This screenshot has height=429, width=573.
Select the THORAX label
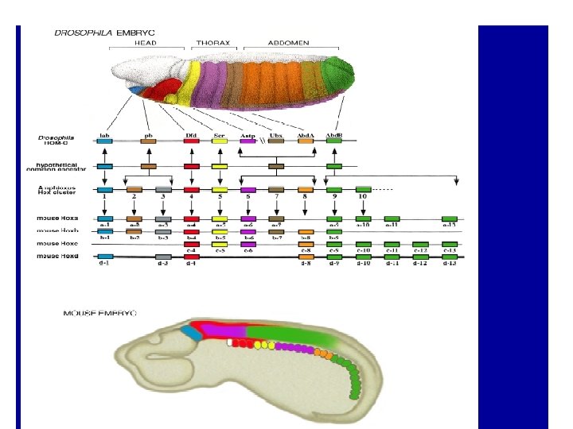click(x=212, y=42)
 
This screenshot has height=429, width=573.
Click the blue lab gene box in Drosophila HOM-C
click(x=104, y=141)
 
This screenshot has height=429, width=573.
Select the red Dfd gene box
click(x=191, y=141)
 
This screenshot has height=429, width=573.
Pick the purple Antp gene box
click(x=248, y=141)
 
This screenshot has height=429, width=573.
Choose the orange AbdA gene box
click(x=306, y=141)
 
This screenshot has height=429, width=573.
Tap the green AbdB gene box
click(x=334, y=141)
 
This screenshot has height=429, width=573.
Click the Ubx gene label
click(x=276, y=134)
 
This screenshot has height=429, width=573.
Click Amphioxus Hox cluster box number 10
click(x=363, y=190)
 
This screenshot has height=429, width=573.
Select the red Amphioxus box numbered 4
click(x=191, y=190)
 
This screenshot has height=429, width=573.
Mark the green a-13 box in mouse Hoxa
click(x=450, y=218)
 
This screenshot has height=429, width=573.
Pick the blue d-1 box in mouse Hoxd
click(x=104, y=257)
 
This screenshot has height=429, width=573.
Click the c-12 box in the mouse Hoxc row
click(x=421, y=244)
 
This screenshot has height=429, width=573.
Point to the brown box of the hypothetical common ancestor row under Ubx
click(x=276, y=167)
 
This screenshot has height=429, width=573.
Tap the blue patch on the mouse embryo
click(x=189, y=332)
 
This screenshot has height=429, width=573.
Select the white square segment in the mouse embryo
click(x=230, y=342)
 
